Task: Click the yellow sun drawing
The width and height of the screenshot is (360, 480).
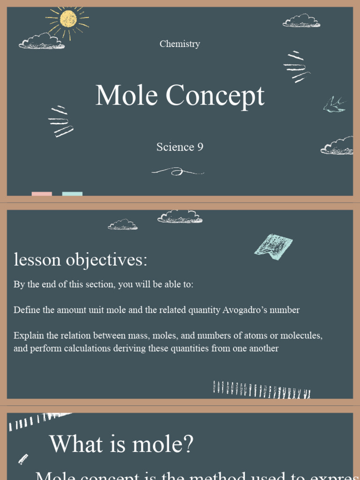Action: (68, 19)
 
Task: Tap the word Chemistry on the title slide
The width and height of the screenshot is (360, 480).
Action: (180, 44)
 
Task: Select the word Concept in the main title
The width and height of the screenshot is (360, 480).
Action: (215, 97)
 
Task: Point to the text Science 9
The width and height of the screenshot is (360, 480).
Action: (180, 147)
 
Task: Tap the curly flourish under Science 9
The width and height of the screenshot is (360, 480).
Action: (177, 172)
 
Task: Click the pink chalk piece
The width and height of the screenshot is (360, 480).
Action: (42, 194)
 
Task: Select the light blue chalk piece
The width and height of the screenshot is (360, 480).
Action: (72, 194)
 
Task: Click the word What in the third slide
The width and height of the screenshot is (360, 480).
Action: (76, 443)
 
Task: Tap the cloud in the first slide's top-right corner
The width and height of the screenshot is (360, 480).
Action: (301, 21)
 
